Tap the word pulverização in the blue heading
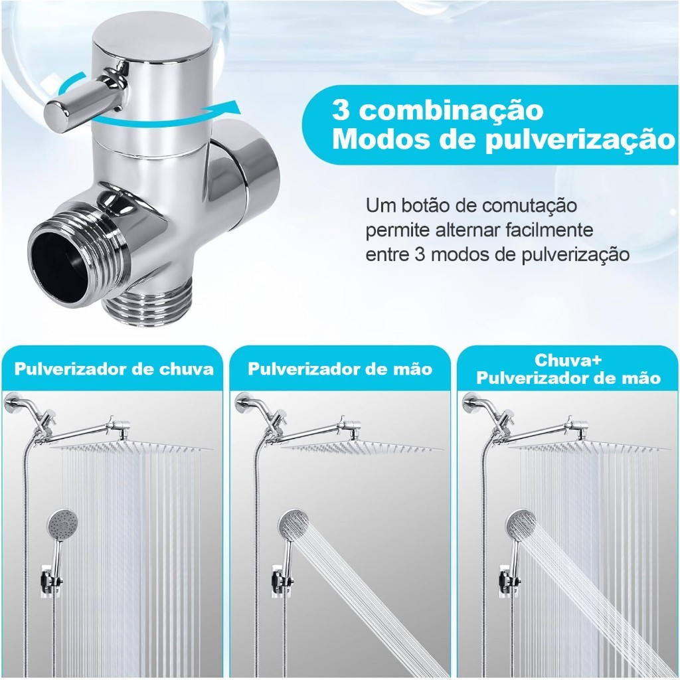point(580,140)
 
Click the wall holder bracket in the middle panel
point(282,578)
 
